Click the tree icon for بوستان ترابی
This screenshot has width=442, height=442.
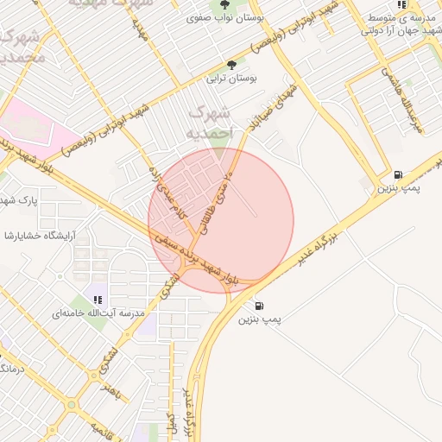coord(230,64)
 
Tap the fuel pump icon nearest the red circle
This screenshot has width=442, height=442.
coord(259,306)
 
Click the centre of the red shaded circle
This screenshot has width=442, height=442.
coord(221,221)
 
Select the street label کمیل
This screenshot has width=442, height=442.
coord(172,425)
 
